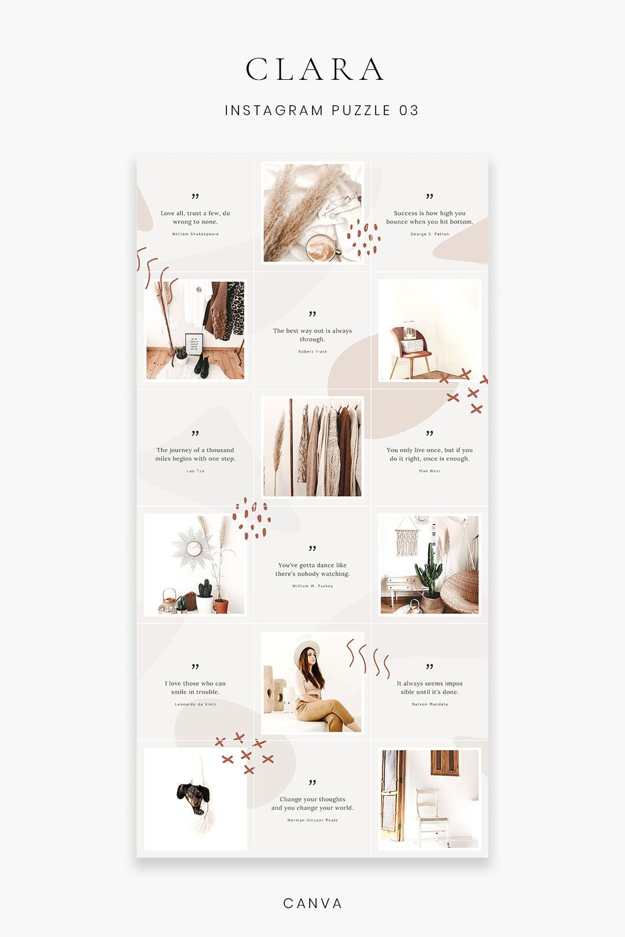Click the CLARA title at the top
coord(315,69)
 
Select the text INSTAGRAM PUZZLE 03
coord(321,110)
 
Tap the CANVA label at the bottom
coord(312,903)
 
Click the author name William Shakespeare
coord(195,234)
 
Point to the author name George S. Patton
coord(429,234)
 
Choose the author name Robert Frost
coord(312,352)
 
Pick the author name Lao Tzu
coord(195,471)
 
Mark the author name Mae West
coord(429,471)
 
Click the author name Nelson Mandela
coord(429,704)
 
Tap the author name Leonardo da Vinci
coord(195,704)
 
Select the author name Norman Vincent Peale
coord(312,820)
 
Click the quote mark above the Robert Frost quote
coord(312,314)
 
